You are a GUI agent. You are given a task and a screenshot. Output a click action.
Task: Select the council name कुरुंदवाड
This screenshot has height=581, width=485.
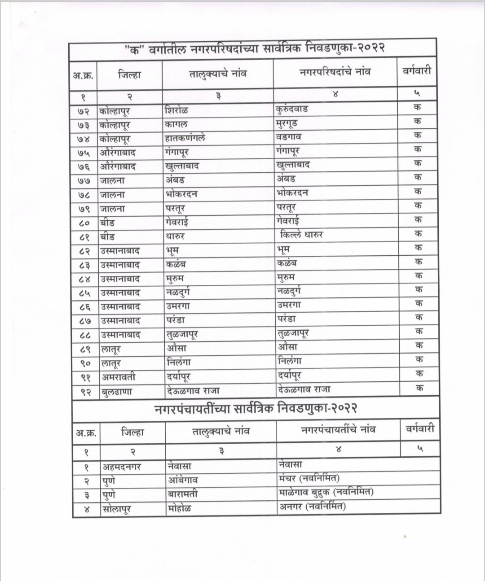(x=292, y=109)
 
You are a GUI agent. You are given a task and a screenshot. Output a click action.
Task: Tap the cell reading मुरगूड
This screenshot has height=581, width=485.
(x=287, y=123)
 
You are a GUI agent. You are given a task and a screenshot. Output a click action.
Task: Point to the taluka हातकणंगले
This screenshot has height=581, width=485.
(x=185, y=138)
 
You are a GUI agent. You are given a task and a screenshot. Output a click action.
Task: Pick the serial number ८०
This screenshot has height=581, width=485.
(x=84, y=223)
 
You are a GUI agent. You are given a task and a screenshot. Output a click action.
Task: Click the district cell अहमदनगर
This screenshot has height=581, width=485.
(x=122, y=467)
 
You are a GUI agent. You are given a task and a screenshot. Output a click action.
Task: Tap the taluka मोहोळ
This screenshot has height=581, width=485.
(x=179, y=508)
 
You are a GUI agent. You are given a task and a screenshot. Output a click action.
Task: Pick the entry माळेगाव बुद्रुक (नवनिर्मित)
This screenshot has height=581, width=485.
(x=326, y=492)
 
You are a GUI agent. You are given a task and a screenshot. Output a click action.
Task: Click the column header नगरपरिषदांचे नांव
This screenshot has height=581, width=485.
(x=335, y=72)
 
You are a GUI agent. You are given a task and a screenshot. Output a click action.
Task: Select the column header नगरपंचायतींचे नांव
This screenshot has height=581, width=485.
(x=338, y=430)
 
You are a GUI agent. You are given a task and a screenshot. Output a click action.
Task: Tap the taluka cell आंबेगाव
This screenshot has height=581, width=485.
(x=182, y=480)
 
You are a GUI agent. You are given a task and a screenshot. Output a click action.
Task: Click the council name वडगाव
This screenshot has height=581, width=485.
(x=289, y=137)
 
